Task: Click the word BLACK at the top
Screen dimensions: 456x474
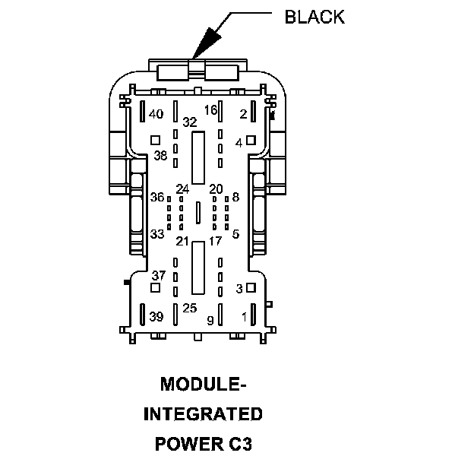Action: (x=314, y=17)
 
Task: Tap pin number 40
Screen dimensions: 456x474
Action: (x=156, y=114)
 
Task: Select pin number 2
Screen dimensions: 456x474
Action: (x=243, y=114)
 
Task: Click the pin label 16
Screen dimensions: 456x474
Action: (x=210, y=110)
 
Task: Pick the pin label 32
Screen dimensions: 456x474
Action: (x=189, y=122)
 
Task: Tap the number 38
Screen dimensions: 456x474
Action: (x=160, y=156)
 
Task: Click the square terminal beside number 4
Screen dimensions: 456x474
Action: (x=251, y=141)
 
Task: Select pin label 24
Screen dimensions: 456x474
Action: (x=183, y=188)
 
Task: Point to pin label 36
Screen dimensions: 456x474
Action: (x=157, y=197)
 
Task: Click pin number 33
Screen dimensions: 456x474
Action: (x=157, y=234)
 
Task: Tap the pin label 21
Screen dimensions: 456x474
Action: (x=183, y=241)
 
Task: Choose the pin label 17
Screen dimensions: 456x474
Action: (x=215, y=241)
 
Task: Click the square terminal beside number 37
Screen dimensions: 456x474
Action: (x=156, y=288)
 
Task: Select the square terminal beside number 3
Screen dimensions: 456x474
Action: (x=251, y=287)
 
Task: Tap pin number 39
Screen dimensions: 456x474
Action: (x=156, y=316)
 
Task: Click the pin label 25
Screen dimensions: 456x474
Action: (x=189, y=308)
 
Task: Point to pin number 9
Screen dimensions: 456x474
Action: (x=210, y=320)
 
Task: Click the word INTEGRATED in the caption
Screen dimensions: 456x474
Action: (x=204, y=414)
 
